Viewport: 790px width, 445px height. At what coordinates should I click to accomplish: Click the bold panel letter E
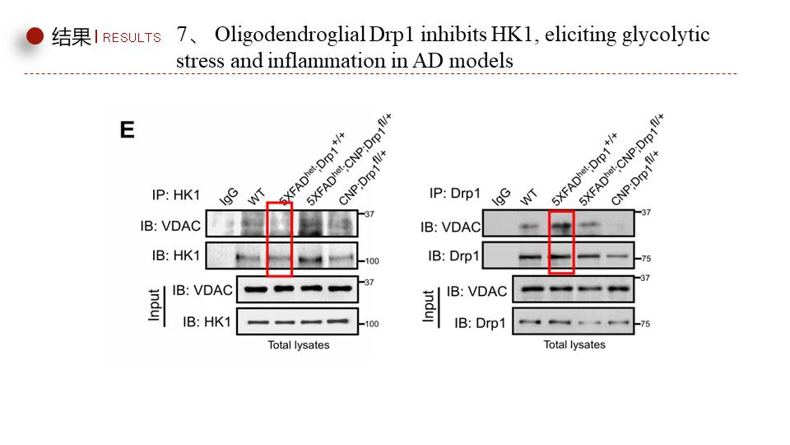pyautogui.click(x=127, y=129)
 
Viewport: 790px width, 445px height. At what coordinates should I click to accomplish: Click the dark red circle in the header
pyautogui.click(x=35, y=36)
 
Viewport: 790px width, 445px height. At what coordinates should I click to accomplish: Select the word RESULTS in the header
pyautogui.click(x=132, y=37)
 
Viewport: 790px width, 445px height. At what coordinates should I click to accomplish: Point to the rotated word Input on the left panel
pyautogui.click(x=154, y=304)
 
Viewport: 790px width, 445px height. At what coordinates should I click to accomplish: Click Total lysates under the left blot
pyautogui.click(x=298, y=345)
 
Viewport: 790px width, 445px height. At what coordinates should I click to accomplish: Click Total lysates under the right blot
pyautogui.click(x=574, y=344)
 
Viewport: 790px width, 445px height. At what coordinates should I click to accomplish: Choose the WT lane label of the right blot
pyautogui.click(x=528, y=198)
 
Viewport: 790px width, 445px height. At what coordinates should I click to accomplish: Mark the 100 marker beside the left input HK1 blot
pyautogui.click(x=372, y=324)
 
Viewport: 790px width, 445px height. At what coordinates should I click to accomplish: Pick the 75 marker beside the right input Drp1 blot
pyautogui.click(x=645, y=324)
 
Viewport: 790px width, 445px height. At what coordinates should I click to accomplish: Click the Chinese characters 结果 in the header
pyautogui.click(x=70, y=37)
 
